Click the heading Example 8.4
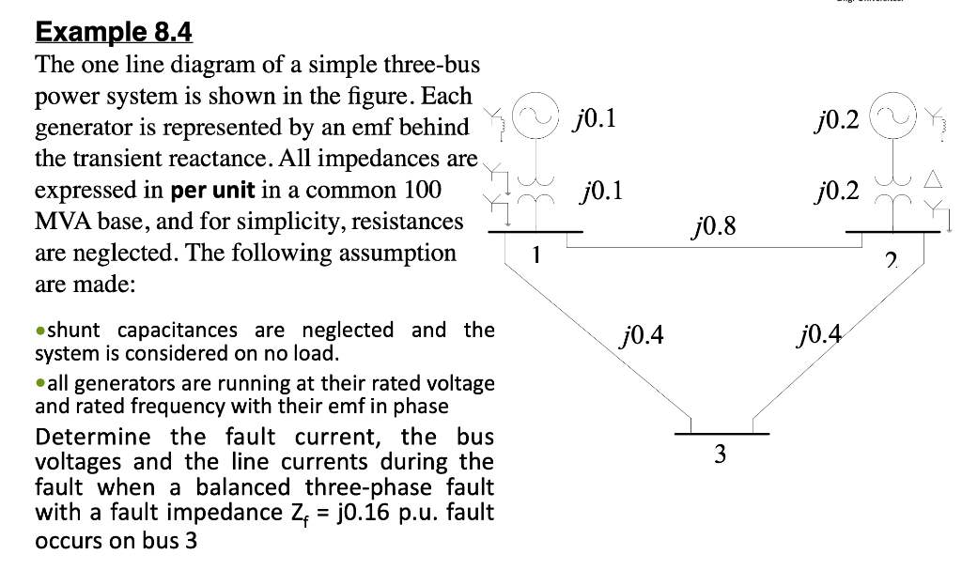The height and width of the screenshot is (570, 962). tap(113, 33)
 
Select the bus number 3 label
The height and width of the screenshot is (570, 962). tap(720, 454)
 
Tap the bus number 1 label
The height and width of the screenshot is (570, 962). tap(535, 254)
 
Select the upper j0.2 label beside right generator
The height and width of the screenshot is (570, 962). tap(839, 119)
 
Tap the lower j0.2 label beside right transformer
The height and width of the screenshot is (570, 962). tap(839, 192)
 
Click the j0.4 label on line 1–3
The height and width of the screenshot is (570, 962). tap(643, 332)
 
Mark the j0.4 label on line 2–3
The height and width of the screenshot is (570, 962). tap(819, 332)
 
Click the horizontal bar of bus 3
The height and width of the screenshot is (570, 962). tap(721, 434)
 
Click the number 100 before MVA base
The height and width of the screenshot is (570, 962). tap(422, 190)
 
